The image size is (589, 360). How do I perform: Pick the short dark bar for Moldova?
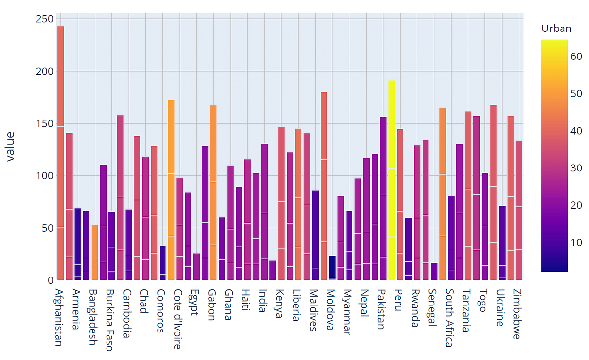tap(332, 268)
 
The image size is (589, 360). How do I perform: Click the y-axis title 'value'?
tap(10, 146)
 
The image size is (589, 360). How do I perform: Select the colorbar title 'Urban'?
tap(556, 28)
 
